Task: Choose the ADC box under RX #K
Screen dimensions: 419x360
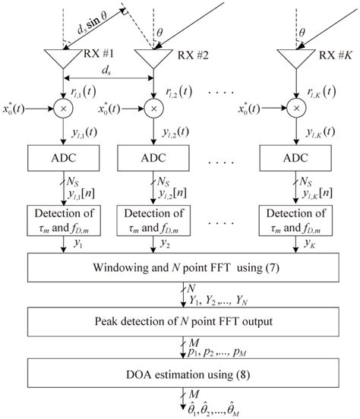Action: [x=293, y=159]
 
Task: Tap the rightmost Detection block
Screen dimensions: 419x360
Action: [x=293, y=219]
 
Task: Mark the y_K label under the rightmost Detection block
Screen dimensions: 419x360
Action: [x=311, y=244]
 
